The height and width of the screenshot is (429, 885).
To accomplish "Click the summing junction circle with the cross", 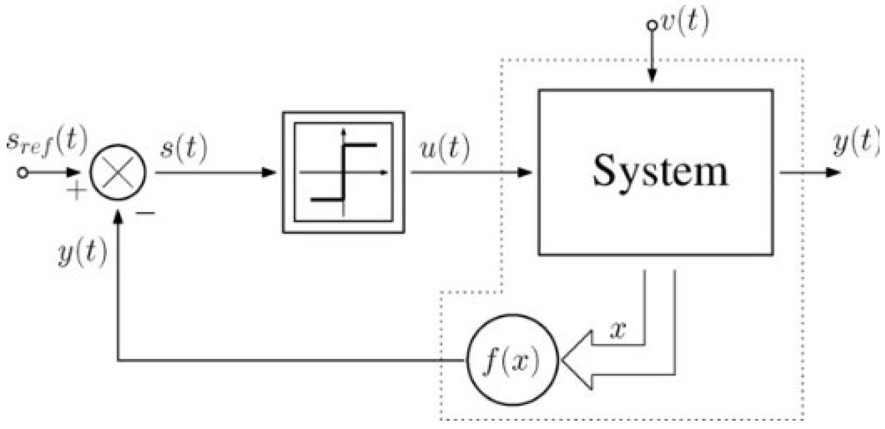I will pos(118,173).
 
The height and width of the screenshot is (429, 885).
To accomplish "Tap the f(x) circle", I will pos(512,360).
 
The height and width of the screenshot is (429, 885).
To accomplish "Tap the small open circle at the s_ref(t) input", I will pos(23,173).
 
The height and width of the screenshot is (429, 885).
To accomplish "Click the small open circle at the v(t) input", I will pos(652,25).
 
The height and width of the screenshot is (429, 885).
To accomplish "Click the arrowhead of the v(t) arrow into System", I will pos(652,76).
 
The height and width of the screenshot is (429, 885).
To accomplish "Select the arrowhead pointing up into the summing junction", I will pos(118,217).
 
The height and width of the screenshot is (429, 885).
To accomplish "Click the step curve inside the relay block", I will pos(343,172).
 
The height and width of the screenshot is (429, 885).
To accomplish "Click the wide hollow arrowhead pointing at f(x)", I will pos(577,360).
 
